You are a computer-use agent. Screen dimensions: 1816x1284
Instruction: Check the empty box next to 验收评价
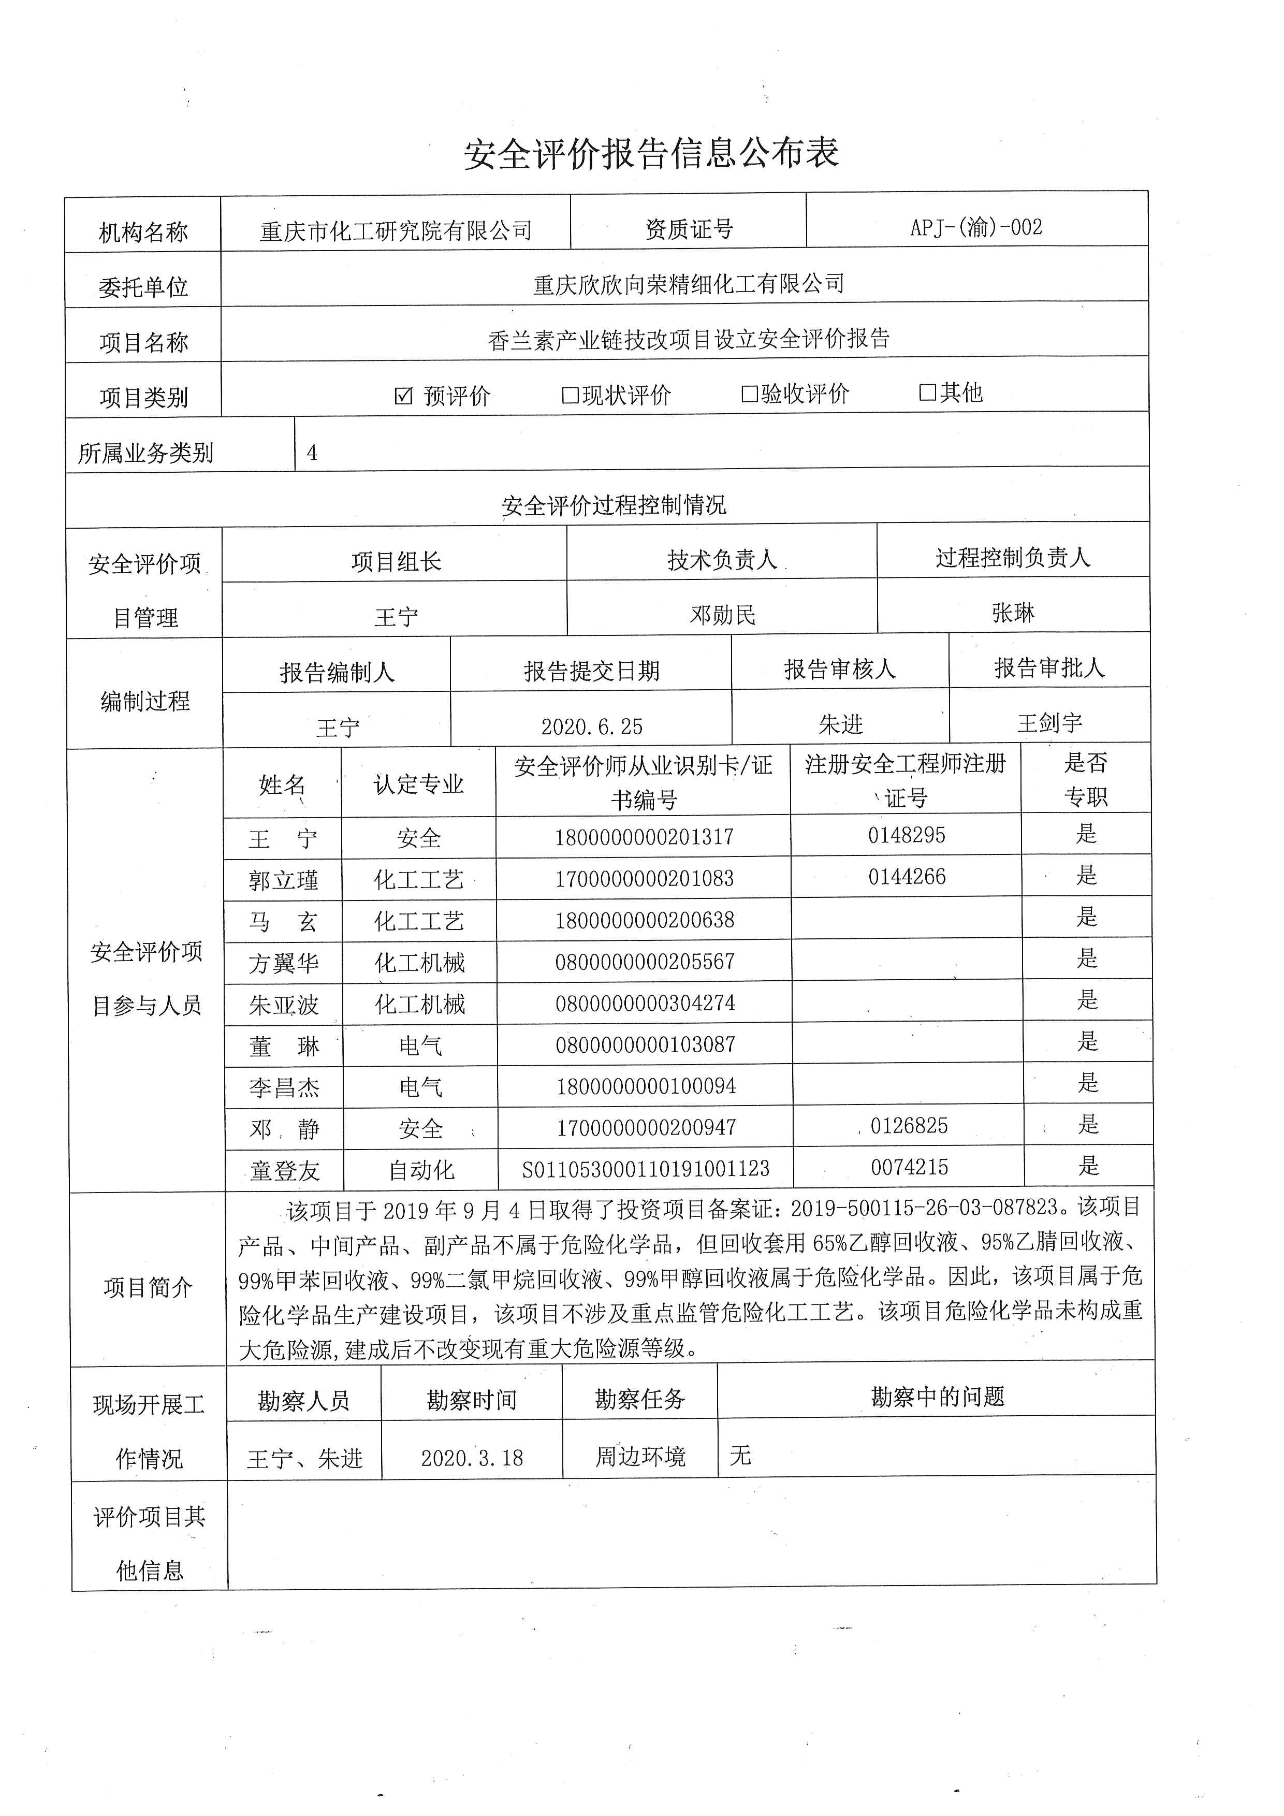coord(749,394)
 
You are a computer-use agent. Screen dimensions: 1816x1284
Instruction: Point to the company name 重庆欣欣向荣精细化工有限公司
coord(689,284)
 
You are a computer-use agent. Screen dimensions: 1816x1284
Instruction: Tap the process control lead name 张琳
coord(1012,612)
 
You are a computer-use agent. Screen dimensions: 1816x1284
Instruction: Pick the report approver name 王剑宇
coord(1049,723)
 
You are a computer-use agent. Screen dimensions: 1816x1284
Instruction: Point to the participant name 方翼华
coord(283,963)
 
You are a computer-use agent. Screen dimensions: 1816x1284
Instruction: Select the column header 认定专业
coord(418,784)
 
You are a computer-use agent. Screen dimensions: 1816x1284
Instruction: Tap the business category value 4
coord(312,453)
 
